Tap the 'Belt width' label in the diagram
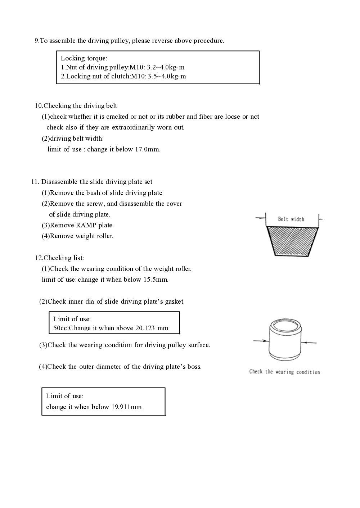click(291, 219)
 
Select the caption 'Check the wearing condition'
click(284, 372)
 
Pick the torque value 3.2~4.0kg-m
click(166, 67)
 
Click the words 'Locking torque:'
click(84, 58)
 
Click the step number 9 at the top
click(36, 41)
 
